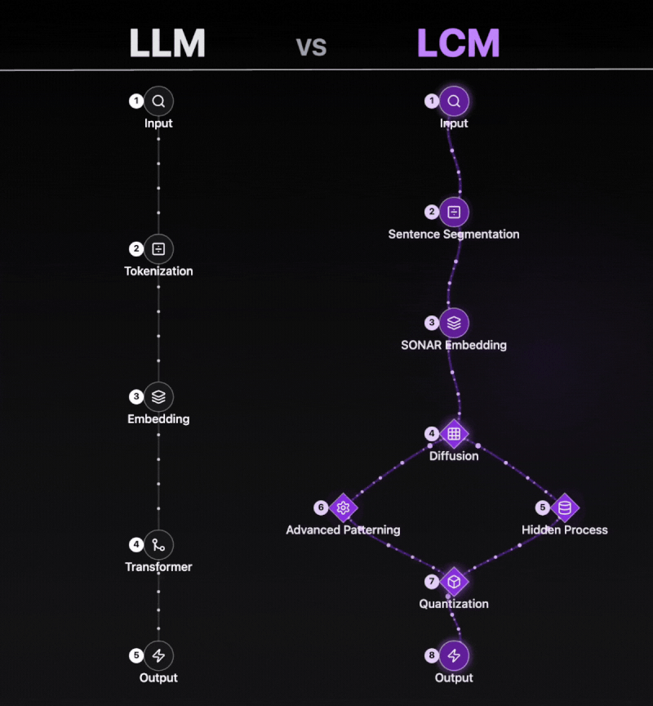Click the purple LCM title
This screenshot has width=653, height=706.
pyautogui.click(x=458, y=44)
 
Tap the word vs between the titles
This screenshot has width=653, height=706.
pyautogui.click(x=311, y=47)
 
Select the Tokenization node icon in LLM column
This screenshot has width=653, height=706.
pyautogui.click(x=158, y=249)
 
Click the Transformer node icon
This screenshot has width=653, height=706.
pyautogui.click(x=158, y=545)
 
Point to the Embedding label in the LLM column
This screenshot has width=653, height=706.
pyautogui.click(x=158, y=419)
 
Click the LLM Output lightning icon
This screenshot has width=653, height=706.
pyautogui.click(x=158, y=655)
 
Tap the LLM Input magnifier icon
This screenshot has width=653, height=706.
pyautogui.click(x=158, y=101)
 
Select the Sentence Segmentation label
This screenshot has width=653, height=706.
pyautogui.click(x=454, y=235)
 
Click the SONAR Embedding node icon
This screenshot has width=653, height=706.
pyautogui.click(x=454, y=323)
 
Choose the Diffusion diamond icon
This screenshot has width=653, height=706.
pyautogui.click(x=454, y=433)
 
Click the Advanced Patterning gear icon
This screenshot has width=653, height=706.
pyautogui.click(x=343, y=507)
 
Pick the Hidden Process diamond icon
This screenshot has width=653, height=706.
pyautogui.click(x=564, y=507)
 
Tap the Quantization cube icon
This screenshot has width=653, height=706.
pyautogui.click(x=454, y=582)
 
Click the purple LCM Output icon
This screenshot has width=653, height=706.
pyautogui.click(x=454, y=655)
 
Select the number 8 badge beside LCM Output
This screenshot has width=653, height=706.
pyautogui.click(x=432, y=655)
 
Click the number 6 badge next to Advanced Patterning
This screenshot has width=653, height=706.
pyautogui.click(x=321, y=507)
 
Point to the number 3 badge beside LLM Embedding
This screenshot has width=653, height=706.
pyautogui.click(x=136, y=397)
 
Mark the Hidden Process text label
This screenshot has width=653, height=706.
pyautogui.click(x=565, y=530)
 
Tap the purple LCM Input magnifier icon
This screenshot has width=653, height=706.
pyautogui.click(x=454, y=101)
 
